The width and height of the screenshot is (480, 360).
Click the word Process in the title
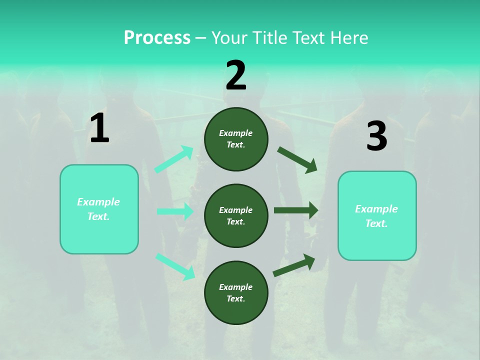[x=157, y=38]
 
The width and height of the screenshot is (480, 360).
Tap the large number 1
[x=99, y=128]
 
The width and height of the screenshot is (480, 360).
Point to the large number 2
[x=236, y=75]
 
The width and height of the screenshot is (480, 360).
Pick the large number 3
[x=376, y=136]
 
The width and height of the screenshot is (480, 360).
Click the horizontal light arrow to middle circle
[x=175, y=211]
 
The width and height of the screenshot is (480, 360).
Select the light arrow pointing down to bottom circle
[x=175, y=266]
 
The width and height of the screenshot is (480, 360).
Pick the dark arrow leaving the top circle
[x=297, y=160]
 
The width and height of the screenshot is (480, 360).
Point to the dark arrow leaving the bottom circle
[x=294, y=265]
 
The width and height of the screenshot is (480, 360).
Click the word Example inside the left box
[x=98, y=202]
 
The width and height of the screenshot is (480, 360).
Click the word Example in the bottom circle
[x=235, y=287]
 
